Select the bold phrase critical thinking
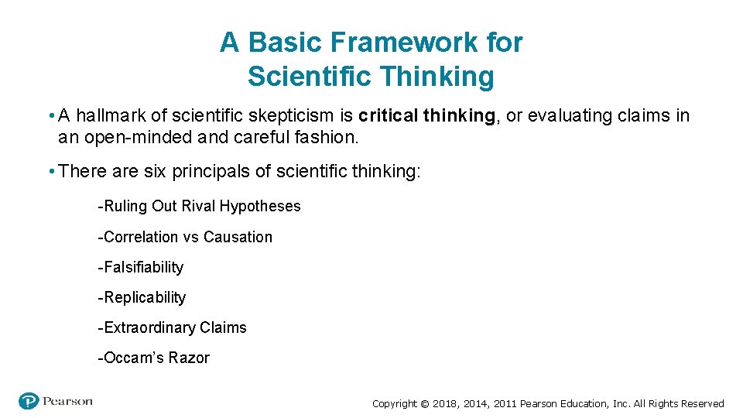pyautogui.click(x=426, y=116)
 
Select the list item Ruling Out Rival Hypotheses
pyautogui.click(x=199, y=206)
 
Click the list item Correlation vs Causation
pyautogui.click(x=185, y=237)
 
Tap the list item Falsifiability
pyautogui.click(x=141, y=267)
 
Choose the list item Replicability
pyautogui.click(x=142, y=297)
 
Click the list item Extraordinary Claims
pyautogui.click(x=172, y=327)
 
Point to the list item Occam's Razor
pyautogui.click(x=153, y=358)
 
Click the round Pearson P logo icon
pyautogui.click(x=29, y=401)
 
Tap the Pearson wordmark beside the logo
pyautogui.click(x=68, y=401)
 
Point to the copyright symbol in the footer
pyautogui.click(x=424, y=403)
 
